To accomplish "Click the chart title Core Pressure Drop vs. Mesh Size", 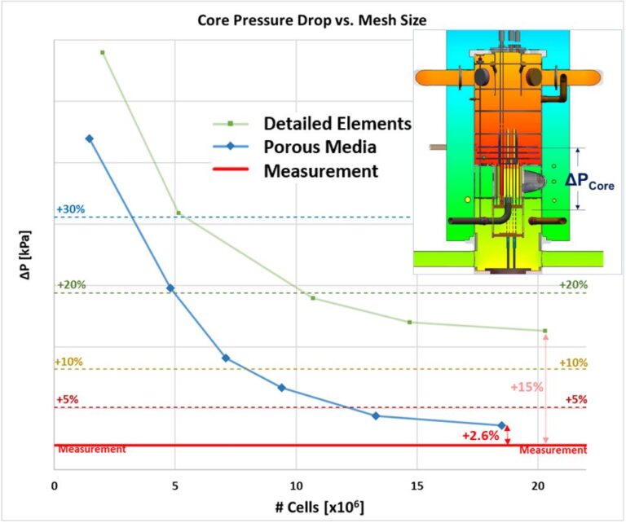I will click(x=312, y=18).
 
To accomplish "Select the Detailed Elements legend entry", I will click(x=337, y=124).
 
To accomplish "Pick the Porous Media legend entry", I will click(x=320, y=147).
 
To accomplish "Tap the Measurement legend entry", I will click(x=320, y=171).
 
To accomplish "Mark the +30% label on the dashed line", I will click(x=70, y=209).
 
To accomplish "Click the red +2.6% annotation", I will click(x=479, y=436).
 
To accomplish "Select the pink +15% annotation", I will click(x=527, y=388).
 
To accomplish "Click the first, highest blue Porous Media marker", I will click(x=90, y=138).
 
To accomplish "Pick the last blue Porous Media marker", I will click(x=502, y=426).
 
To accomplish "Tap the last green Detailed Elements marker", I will click(x=545, y=331).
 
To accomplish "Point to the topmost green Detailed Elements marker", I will click(x=103, y=52).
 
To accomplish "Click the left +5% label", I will click(x=67, y=400).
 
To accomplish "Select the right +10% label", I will click(x=573, y=363).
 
